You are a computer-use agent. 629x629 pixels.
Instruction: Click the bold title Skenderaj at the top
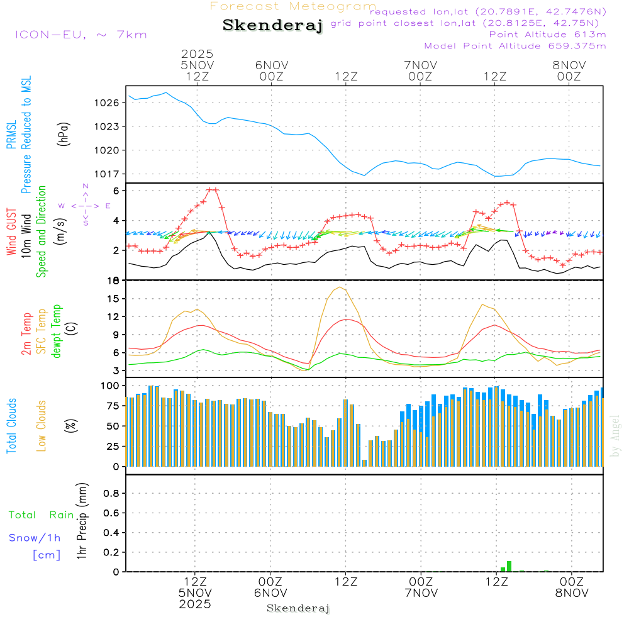272,25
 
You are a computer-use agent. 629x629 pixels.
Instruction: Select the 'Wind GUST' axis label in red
12,233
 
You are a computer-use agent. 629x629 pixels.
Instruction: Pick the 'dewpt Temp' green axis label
57,331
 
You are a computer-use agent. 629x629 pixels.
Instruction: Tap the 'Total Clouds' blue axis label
12,426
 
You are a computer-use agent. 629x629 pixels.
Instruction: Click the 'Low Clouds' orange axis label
42,426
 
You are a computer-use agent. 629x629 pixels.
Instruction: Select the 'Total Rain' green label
42,515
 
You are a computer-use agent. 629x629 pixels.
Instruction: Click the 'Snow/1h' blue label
35,538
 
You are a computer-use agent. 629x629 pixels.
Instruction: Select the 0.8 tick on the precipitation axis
111,493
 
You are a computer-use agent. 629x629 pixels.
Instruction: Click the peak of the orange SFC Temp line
340,287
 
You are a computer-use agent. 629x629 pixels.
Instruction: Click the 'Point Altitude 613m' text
547,35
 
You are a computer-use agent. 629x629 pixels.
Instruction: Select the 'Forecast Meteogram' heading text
293,6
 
